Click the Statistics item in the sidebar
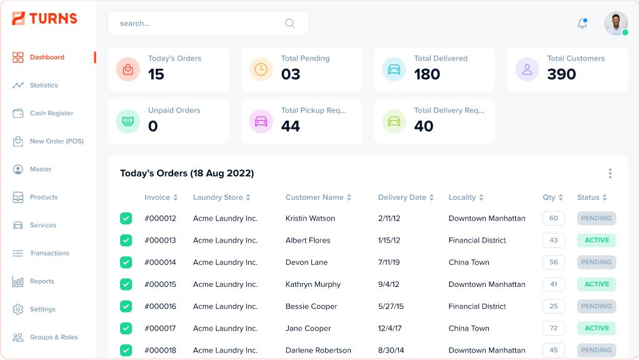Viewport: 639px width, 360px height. pyautogui.click(x=44, y=85)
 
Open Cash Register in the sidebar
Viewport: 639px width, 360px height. pyautogui.click(x=51, y=113)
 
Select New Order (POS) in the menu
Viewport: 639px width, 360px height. pyautogui.click(x=56, y=141)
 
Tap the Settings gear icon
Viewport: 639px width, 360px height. pyautogui.click(x=18, y=309)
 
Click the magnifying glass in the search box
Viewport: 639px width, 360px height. pyautogui.click(x=290, y=24)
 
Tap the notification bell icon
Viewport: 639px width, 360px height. pyautogui.click(x=582, y=24)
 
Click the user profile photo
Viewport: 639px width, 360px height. pyautogui.click(x=615, y=24)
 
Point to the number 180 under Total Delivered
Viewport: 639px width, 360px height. pyautogui.click(x=427, y=74)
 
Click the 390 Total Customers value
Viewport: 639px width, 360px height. pyautogui.click(x=561, y=74)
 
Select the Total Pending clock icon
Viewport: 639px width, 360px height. pyautogui.click(x=261, y=69)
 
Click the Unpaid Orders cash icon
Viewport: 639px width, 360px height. pyautogui.click(x=128, y=121)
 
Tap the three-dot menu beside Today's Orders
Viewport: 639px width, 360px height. pyautogui.click(x=610, y=174)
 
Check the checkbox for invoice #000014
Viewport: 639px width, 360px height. pyautogui.click(x=126, y=262)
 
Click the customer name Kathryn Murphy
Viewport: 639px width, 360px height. pyautogui.click(x=313, y=284)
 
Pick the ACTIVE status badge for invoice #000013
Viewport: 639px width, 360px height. pyautogui.click(x=596, y=240)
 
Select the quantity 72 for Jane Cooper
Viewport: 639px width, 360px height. pyautogui.click(x=553, y=328)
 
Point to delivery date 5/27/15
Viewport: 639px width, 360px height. pyautogui.click(x=391, y=306)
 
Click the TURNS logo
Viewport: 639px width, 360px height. pyautogui.click(x=45, y=19)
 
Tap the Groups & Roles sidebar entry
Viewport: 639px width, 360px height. pyautogui.click(x=54, y=337)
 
